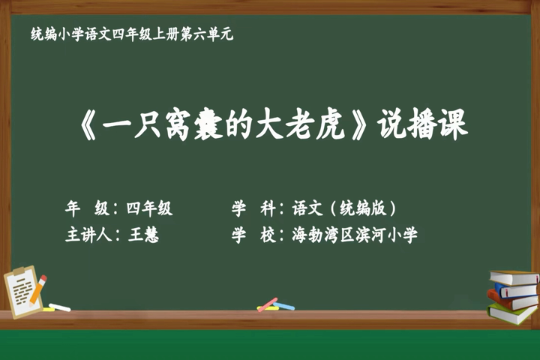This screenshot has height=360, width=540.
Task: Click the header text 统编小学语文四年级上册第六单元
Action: (132, 34)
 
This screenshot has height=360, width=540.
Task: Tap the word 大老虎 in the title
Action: (299, 124)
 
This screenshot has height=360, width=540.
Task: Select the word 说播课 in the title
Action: (422, 124)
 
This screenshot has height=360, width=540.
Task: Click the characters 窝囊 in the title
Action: (194, 124)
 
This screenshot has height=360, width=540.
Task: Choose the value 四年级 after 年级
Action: (148, 208)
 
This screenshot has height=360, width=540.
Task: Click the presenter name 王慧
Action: (143, 235)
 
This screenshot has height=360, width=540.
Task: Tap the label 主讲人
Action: (88, 235)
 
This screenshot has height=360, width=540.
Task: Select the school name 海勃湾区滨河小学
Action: (355, 235)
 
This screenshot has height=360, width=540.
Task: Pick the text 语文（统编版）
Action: (344, 208)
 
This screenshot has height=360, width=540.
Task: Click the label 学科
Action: (253, 208)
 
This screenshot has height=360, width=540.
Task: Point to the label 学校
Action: (253, 235)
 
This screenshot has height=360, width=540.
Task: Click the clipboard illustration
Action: (24, 292)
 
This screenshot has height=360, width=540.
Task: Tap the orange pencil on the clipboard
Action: (38, 290)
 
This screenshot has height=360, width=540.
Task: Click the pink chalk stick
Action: (268, 304)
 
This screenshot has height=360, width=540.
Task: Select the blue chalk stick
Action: (283, 306)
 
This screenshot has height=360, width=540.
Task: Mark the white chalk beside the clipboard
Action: (59, 307)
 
